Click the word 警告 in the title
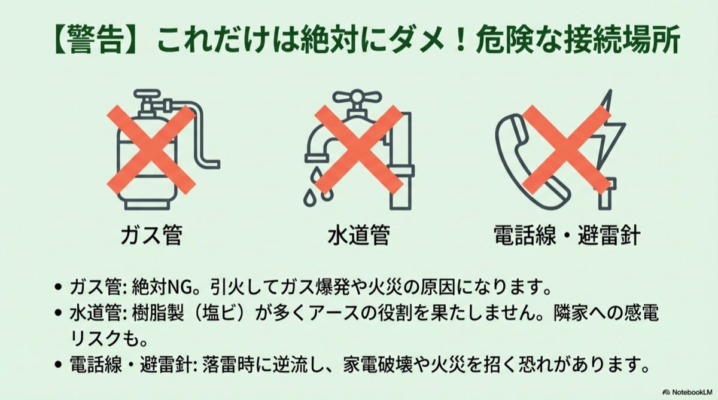[x=96, y=41]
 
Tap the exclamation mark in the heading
[x=461, y=41]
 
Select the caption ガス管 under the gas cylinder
[x=151, y=236]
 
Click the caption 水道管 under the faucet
[x=359, y=236]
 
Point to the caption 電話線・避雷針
[x=567, y=236]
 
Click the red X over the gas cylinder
[x=151, y=151]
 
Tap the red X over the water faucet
[x=358, y=151]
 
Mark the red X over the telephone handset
[x=567, y=151]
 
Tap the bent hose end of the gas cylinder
[x=212, y=164]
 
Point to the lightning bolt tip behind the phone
[x=609, y=93]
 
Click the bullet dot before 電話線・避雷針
[x=57, y=364]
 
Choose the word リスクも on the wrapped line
[x=105, y=339]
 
